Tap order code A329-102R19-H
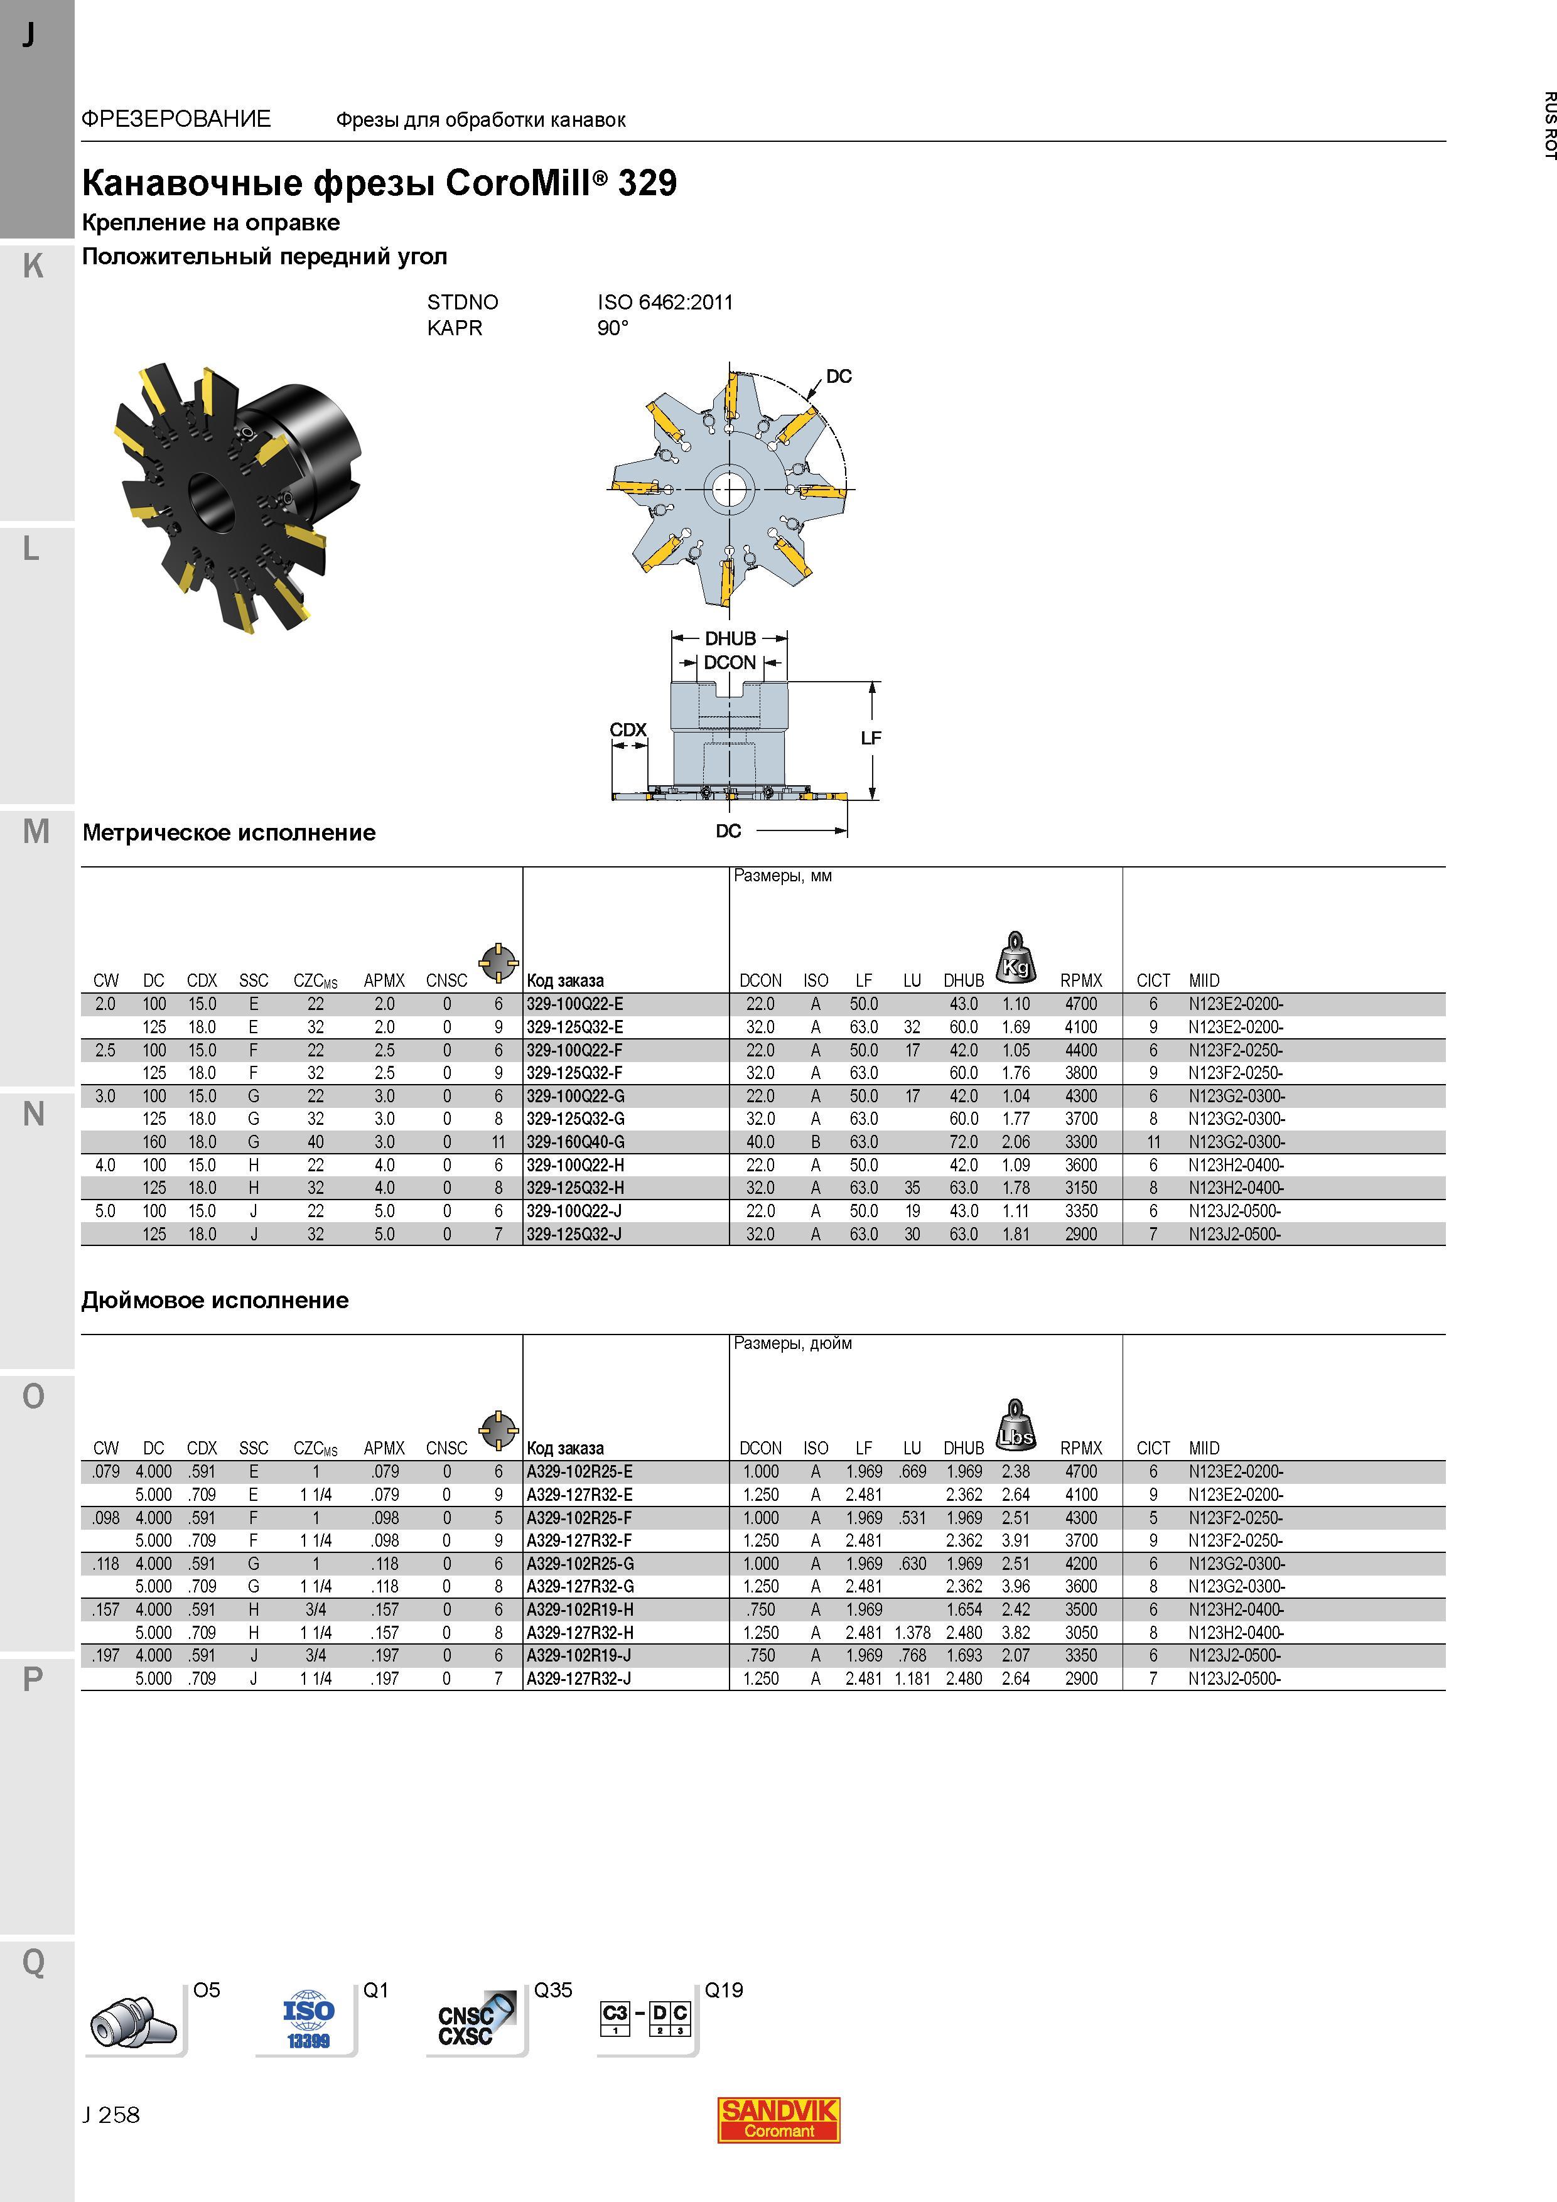coord(579,1610)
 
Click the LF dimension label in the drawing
coord(870,738)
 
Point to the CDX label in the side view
coord(628,730)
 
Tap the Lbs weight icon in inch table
coord(1016,1425)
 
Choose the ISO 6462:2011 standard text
coord(665,302)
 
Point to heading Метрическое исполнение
coord(229,832)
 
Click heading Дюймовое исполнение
coord(215,1301)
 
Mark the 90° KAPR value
coord(613,328)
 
